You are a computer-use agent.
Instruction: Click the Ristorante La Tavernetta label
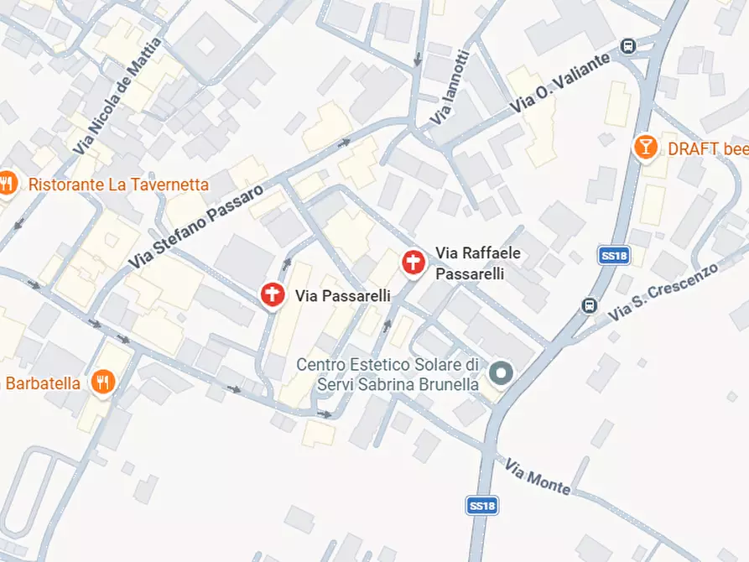coord(118,184)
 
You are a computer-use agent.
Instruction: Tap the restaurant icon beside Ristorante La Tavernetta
coord(7,182)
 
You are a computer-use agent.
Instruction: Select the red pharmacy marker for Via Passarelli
coord(272,294)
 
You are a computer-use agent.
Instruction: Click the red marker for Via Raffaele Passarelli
coord(412,263)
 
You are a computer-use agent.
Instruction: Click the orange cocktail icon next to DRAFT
coord(645,148)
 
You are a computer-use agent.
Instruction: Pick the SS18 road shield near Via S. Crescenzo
coord(614,256)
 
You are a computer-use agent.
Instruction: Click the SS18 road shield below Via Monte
coord(481,505)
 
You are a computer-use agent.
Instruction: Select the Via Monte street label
coord(537,476)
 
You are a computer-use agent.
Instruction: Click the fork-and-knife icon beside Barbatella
coord(103,382)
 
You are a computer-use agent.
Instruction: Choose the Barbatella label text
coord(43,383)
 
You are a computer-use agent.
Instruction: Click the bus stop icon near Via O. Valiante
coord(627,45)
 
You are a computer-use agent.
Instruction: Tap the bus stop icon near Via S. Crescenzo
coord(589,304)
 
